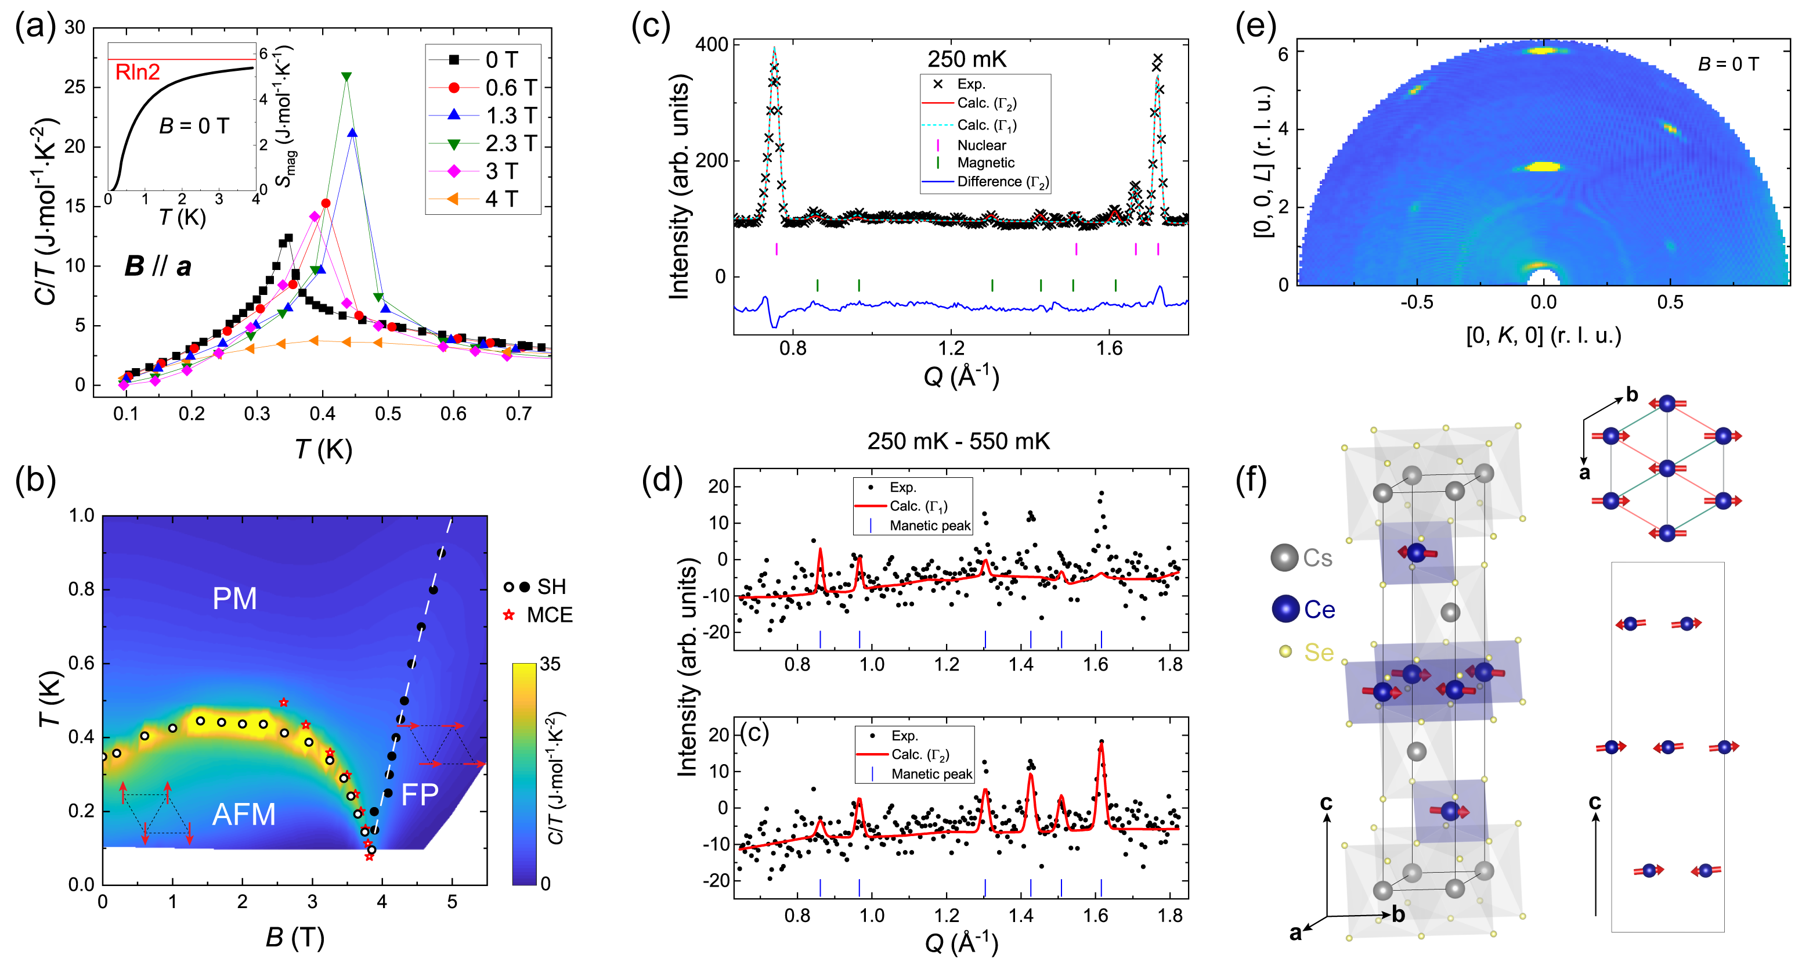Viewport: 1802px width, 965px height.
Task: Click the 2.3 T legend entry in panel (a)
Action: click(510, 143)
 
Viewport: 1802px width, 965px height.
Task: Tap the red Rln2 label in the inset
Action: click(137, 71)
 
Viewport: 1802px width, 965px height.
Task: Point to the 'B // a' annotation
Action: click(157, 266)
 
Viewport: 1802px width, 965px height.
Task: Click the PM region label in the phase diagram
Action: click(234, 599)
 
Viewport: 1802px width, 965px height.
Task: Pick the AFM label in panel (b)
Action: click(243, 815)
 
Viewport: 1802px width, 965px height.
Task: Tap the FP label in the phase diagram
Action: click(420, 795)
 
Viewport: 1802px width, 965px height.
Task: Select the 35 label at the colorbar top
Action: click(550, 664)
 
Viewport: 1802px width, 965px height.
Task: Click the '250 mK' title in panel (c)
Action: click(967, 59)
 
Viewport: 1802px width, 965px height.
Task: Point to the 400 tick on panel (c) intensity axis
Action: click(712, 44)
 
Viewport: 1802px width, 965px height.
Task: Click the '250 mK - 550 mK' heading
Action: click(958, 441)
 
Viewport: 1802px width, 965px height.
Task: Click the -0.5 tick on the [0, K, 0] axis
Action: click(1416, 303)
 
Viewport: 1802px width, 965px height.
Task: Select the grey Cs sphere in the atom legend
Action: click(1284, 558)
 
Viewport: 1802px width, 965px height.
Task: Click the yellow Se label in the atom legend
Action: click(1319, 652)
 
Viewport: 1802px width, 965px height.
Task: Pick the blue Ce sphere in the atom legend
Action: click(1285, 610)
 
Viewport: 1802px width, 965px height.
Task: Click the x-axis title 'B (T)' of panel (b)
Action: click(294, 938)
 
